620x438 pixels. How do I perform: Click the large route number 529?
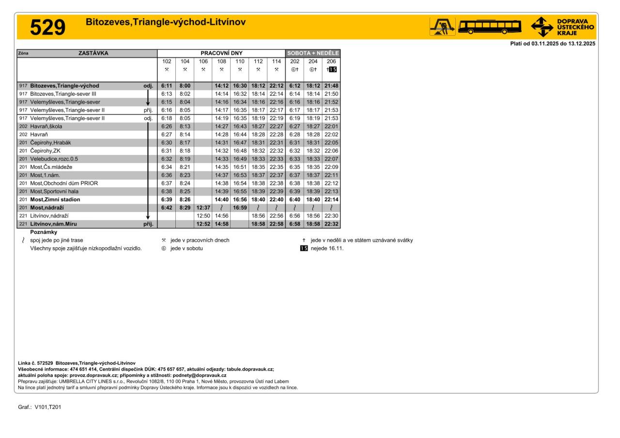47,28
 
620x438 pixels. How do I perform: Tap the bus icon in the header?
490,27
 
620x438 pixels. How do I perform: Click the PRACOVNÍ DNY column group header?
221,53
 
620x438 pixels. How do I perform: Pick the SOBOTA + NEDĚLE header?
313,53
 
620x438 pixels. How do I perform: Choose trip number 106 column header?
203,61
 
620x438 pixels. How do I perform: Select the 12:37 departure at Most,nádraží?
203,208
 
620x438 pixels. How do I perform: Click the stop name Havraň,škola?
46,126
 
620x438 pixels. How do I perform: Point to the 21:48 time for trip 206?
331,86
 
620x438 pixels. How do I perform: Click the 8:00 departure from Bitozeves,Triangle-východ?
185,86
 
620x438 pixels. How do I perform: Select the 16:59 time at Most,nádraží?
240,208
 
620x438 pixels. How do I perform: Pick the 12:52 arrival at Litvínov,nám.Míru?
203,224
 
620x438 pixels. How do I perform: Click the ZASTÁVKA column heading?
93,53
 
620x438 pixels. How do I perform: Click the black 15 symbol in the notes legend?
304,249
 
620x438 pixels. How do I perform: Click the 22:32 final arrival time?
331,224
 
